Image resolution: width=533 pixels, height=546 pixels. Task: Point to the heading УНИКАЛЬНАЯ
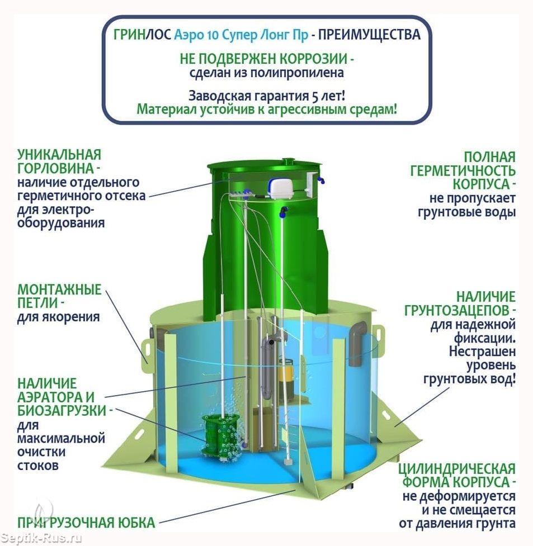point(59,154)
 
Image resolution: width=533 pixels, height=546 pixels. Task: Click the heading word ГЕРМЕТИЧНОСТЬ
point(463,171)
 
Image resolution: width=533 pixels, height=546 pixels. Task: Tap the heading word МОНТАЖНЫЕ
point(59,289)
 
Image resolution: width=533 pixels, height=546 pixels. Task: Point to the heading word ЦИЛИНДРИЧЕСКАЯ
point(456,468)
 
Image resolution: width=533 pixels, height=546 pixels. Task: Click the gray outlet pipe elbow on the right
point(356,344)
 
